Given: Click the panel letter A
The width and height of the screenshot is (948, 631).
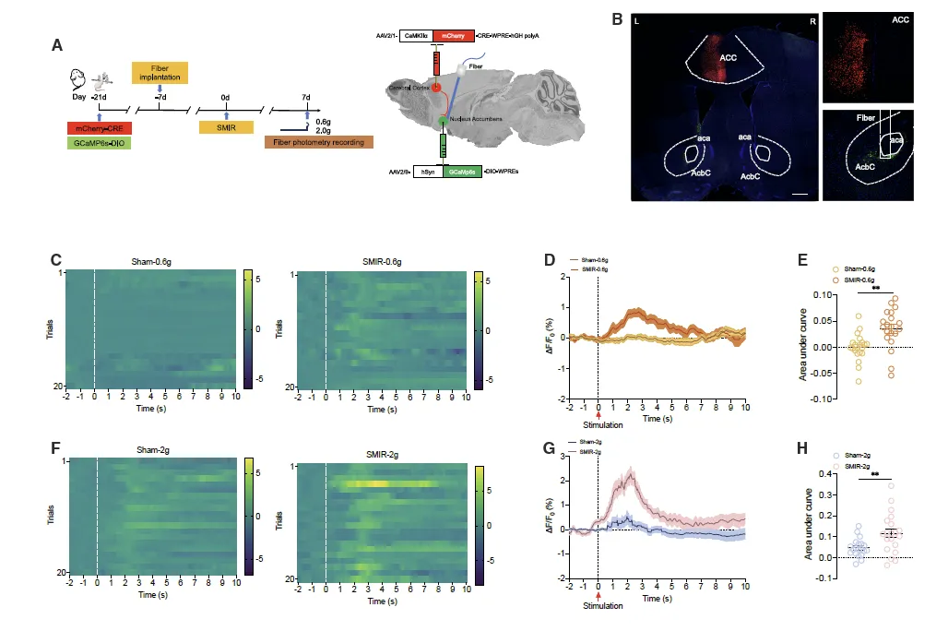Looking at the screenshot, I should coord(57,44).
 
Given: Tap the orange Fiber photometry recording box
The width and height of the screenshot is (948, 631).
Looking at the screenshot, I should coord(318,141).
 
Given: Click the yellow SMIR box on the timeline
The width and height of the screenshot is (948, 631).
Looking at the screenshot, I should coord(226,126).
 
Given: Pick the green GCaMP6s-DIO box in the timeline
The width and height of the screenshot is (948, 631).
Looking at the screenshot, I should coord(100,143).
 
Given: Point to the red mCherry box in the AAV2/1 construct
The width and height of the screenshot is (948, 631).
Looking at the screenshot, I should coord(453,35).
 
